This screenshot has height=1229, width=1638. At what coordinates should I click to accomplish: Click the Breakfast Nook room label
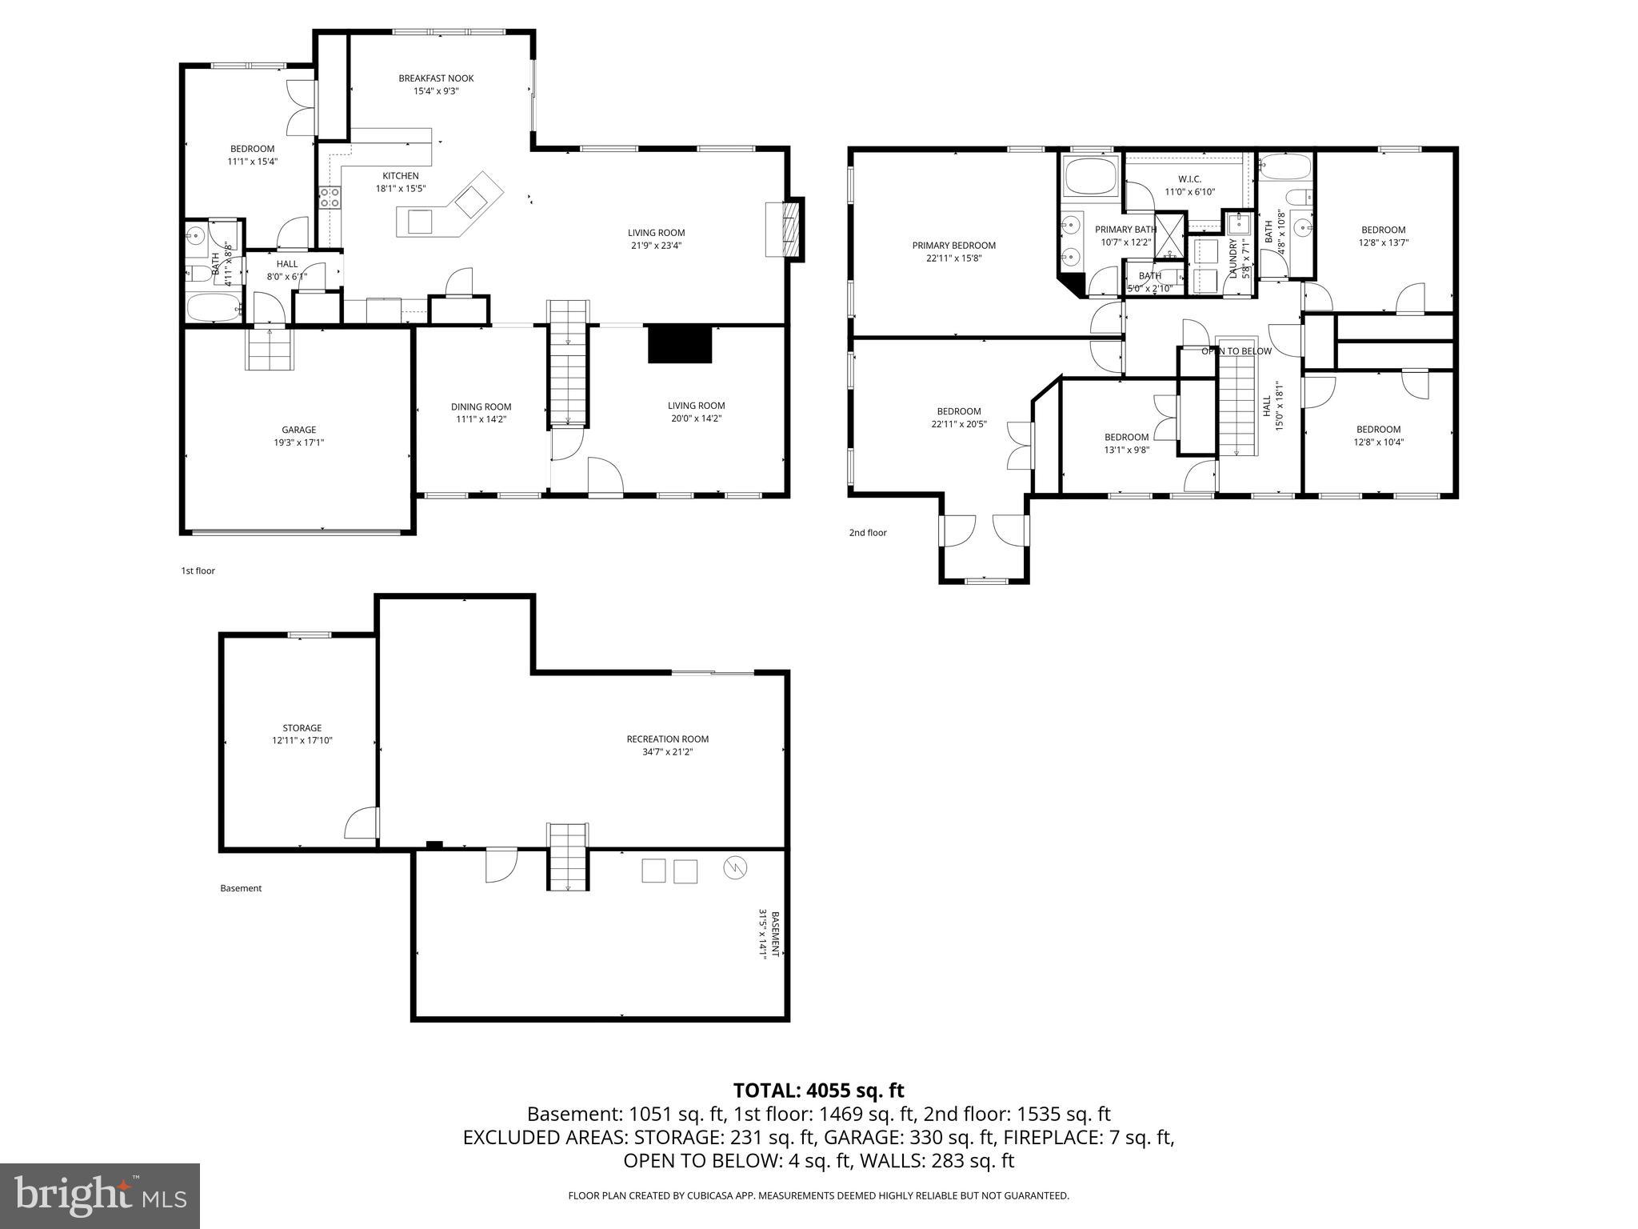point(436,78)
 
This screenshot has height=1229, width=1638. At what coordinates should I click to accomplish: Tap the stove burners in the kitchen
point(330,197)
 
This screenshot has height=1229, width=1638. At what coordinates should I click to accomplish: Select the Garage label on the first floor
point(298,430)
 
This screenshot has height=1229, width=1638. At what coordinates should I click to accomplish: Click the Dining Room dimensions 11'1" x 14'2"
point(481,418)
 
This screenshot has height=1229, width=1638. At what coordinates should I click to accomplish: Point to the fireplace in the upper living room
point(786,230)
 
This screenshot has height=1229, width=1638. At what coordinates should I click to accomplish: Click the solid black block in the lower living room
point(679,344)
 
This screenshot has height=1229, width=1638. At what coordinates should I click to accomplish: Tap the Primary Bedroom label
point(953,246)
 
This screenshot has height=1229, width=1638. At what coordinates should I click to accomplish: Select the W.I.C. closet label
point(1189,179)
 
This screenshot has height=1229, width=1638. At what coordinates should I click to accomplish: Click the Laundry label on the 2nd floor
point(1232,258)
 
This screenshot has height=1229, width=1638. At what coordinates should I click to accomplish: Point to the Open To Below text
point(1236,351)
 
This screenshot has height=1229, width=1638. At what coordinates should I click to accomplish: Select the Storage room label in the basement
point(302,728)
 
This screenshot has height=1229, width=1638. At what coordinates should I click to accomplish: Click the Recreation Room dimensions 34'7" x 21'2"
point(667,751)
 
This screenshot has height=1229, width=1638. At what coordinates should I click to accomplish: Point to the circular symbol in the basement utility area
point(734,867)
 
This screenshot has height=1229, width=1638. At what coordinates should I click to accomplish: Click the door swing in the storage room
point(362,823)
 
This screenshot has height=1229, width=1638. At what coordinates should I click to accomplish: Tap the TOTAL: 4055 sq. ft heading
point(818,1091)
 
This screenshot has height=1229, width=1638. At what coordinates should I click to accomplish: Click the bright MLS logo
point(100,1195)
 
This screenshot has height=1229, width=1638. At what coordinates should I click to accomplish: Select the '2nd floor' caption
point(867,533)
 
